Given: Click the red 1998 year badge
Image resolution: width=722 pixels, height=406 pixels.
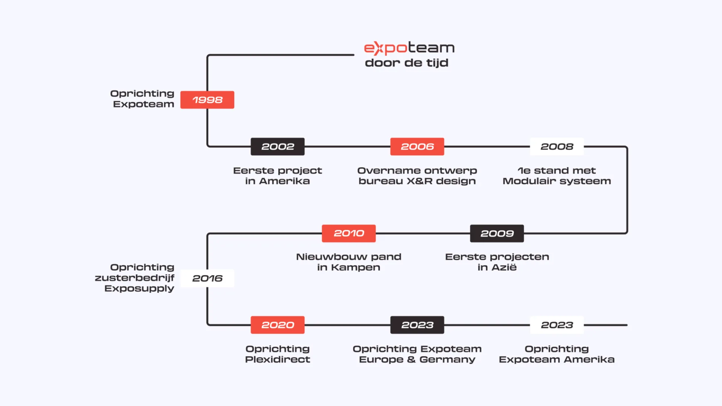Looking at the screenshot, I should [x=207, y=100].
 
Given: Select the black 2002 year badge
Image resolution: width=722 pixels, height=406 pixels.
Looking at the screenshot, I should [x=278, y=147].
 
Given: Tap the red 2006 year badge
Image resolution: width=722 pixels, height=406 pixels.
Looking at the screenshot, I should [x=417, y=147].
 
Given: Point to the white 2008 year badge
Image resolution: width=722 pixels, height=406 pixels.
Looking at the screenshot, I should [x=557, y=147].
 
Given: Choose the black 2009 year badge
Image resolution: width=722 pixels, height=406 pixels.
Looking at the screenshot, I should [x=497, y=233].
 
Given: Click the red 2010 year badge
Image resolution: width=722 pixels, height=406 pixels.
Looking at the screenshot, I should [x=349, y=233].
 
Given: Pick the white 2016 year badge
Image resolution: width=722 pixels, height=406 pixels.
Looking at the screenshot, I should [x=207, y=279].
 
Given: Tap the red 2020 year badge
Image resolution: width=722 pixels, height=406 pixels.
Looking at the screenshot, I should [x=278, y=325].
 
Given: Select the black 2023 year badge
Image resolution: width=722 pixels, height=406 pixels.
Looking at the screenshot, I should [x=417, y=325].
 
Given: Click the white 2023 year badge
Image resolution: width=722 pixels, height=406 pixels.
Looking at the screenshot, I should [x=557, y=325].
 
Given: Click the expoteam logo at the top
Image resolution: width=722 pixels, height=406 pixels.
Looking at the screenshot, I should [x=409, y=48].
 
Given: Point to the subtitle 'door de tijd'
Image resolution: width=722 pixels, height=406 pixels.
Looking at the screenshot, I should [x=407, y=63].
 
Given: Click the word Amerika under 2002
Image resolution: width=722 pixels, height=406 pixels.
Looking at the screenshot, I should [x=284, y=181].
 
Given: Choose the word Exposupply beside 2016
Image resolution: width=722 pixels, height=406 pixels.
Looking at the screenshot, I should [x=139, y=289].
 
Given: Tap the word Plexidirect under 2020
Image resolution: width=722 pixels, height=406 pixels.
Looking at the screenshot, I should [x=278, y=360].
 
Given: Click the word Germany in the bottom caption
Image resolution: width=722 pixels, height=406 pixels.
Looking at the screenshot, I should [x=447, y=360].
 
